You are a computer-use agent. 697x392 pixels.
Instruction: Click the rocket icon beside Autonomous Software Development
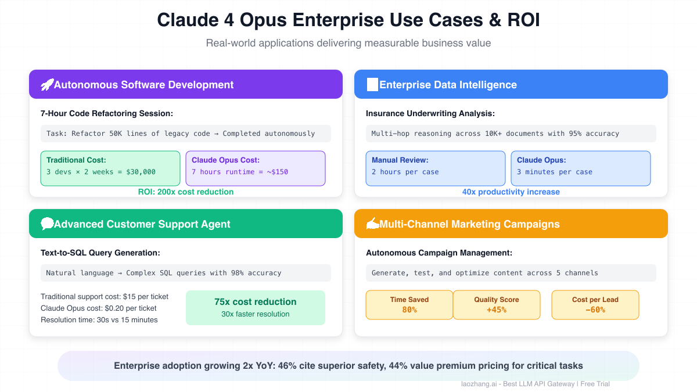point(47,85)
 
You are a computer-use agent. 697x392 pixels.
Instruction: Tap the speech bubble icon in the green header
point(47,224)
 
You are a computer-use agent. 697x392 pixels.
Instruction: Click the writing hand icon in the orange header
point(372,224)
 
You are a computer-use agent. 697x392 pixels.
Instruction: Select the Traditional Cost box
point(110,168)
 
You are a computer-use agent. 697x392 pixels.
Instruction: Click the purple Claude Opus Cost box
point(256,168)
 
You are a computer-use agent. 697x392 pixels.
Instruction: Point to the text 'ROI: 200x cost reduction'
point(186,192)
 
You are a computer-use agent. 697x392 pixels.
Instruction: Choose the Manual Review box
point(436,168)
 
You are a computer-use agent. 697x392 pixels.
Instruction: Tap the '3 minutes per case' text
point(555,172)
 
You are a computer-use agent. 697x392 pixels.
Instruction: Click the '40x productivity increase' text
point(511,192)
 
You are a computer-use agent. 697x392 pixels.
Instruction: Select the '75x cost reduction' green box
point(256,307)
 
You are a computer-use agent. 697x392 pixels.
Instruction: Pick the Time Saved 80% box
point(409,305)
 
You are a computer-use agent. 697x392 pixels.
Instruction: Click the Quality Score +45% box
point(497,305)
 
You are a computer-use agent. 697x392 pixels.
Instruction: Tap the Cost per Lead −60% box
point(595,305)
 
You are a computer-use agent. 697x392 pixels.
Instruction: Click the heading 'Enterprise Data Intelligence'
point(448,85)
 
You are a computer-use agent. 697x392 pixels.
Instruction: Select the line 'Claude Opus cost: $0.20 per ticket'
point(99,308)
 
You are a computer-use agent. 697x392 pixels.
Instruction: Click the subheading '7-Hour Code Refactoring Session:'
point(107,114)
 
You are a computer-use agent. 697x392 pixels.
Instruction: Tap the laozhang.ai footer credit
point(534,384)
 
